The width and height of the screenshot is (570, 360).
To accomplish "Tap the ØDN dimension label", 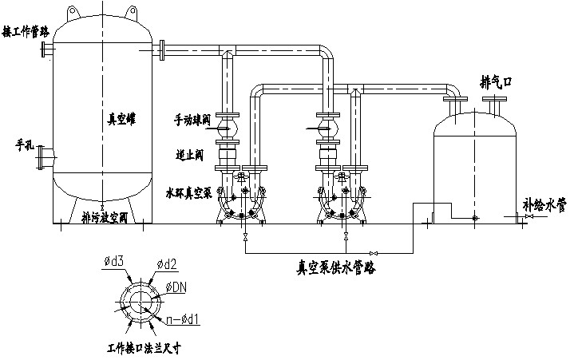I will (x=177, y=287).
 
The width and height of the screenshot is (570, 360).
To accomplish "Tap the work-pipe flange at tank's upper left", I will (x=46, y=49).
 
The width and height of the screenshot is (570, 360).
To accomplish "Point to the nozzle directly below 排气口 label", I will (x=494, y=104).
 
